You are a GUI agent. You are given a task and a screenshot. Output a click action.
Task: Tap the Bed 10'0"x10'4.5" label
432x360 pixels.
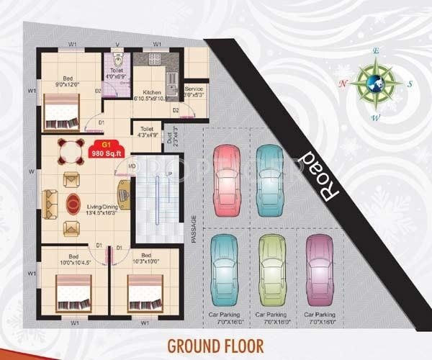(76, 259)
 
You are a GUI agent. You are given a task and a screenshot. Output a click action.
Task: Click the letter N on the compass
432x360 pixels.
(343, 84)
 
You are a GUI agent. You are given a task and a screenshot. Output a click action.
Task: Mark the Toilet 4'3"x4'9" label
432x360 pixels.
(148, 131)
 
